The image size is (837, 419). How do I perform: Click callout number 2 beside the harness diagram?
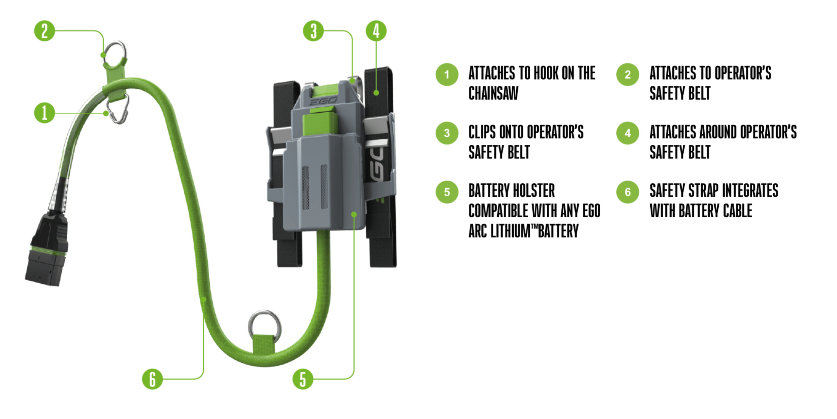44,31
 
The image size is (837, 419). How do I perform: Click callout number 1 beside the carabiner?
44,113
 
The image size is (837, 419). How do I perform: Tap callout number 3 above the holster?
313,31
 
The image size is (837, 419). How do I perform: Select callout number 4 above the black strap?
376,31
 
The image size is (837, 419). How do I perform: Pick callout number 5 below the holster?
303,379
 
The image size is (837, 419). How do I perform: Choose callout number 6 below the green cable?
152,379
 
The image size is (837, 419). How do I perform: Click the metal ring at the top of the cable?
115,52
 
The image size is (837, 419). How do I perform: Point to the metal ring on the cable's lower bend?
265,324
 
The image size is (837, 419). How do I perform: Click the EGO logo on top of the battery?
323,101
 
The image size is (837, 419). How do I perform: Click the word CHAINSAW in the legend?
493,93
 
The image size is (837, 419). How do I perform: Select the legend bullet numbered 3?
447,133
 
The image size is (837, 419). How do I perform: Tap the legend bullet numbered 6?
627,192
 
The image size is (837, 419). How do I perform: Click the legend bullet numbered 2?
627,75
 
